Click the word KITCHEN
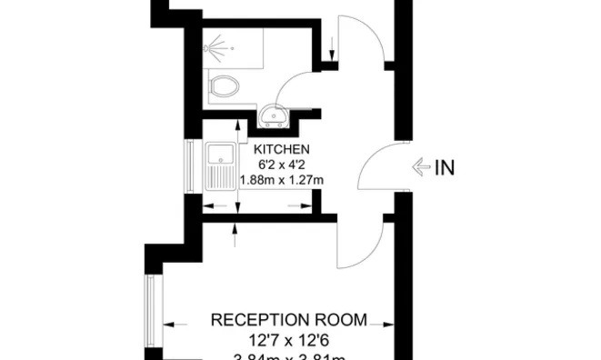[x=282, y=149]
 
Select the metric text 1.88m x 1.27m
[x=282, y=180]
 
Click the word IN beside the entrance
[x=445, y=167]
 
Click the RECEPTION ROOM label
[x=289, y=320]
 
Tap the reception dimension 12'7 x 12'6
[x=289, y=340]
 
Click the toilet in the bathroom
[x=223, y=87]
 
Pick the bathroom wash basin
[x=273, y=115]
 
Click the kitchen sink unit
[x=221, y=167]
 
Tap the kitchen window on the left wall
[x=189, y=167]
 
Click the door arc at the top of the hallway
[x=364, y=36]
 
